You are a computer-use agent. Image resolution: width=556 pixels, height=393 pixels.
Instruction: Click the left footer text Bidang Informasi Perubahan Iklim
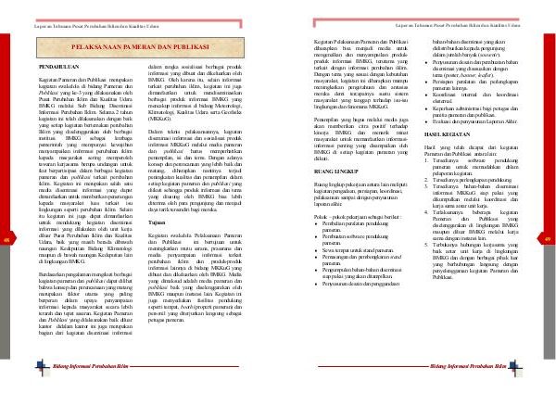pyautogui.click(x=75, y=369)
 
